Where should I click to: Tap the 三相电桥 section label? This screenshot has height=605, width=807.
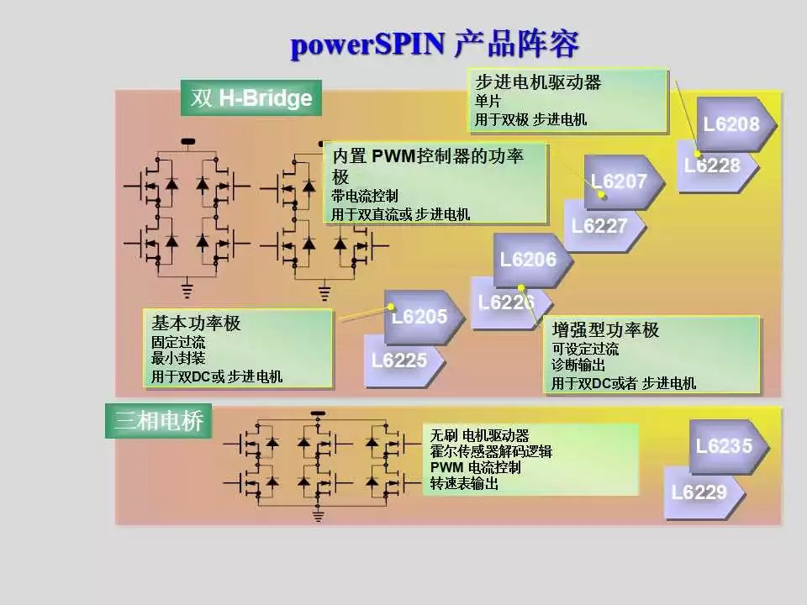pos(159,421)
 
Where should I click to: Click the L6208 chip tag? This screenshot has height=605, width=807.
pos(731,124)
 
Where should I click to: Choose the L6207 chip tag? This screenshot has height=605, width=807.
pos(620,181)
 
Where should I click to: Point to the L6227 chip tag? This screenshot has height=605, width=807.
pos(599,226)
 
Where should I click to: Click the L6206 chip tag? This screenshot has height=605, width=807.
pos(528,260)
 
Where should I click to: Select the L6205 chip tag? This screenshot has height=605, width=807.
pos(419,316)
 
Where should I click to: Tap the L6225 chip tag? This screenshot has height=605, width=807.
pos(399,360)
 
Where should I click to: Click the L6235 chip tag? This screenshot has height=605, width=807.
pos(724,446)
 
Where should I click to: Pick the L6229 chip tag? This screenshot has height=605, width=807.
pos(699,492)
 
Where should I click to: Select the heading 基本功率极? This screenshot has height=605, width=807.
pos(184,323)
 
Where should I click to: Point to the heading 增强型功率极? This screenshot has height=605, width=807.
pos(605,329)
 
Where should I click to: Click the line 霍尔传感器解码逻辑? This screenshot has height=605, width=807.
pos(491,451)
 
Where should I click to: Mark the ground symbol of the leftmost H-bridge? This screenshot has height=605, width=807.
pos(187,291)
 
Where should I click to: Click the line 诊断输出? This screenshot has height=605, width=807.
pos(578,366)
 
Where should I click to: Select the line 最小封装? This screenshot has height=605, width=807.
pos(177,358)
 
